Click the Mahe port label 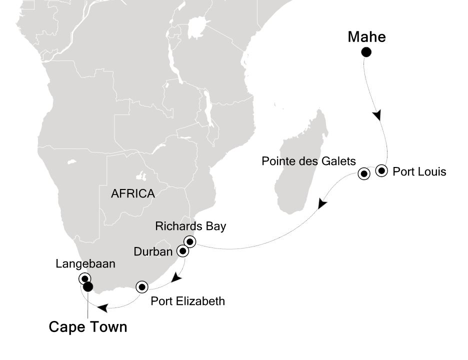(x=366, y=37)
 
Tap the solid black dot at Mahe (x=366, y=52)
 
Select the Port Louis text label (x=419, y=172)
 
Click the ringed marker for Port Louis (x=382, y=171)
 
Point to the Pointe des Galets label (x=309, y=161)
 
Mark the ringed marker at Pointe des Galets (x=364, y=174)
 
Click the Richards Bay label (x=190, y=226)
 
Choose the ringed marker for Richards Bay (x=189, y=242)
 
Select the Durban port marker (x=183, y=251)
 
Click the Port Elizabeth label (x=188, y=301)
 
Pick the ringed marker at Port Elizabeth (x=142, y=287)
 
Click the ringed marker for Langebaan (x=85, y=279)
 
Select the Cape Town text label (x=87, y=327)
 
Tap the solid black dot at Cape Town (x=88, y=286)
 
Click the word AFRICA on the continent (x=132, y=193)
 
